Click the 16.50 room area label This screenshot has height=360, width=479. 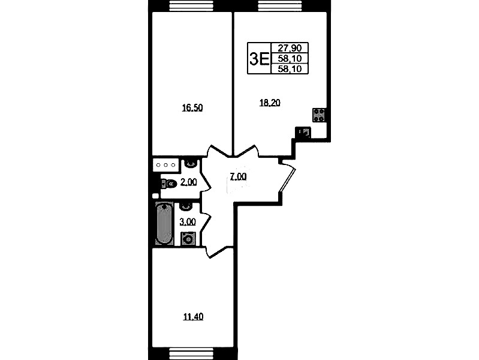click(192, 108)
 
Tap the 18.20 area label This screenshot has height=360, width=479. click(270, 103)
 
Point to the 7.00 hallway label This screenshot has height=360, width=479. click(238, 177)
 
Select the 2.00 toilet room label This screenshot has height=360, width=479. click(188, 182)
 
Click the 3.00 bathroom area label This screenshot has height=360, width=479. click(188, 221)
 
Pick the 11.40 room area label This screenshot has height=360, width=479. click(193, 317)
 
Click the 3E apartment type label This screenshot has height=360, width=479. click(259, 59)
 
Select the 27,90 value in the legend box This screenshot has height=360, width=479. click(290, 48)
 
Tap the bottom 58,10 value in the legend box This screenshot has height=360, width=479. click(290, 69)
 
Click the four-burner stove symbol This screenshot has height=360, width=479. click(319, 115)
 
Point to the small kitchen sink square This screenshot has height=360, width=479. click(303, 133)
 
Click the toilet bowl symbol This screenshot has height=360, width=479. click(169, 184)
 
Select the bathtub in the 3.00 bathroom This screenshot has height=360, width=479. click(164, 223)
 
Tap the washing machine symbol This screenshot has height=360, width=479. click(188, 239)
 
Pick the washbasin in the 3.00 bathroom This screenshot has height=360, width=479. click(186, 207)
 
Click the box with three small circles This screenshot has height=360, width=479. click(165, 165)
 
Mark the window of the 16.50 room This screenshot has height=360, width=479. click(191, 6)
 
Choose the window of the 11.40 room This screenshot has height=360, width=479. click(191, 353)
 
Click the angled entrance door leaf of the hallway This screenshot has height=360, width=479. click(288, 180)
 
